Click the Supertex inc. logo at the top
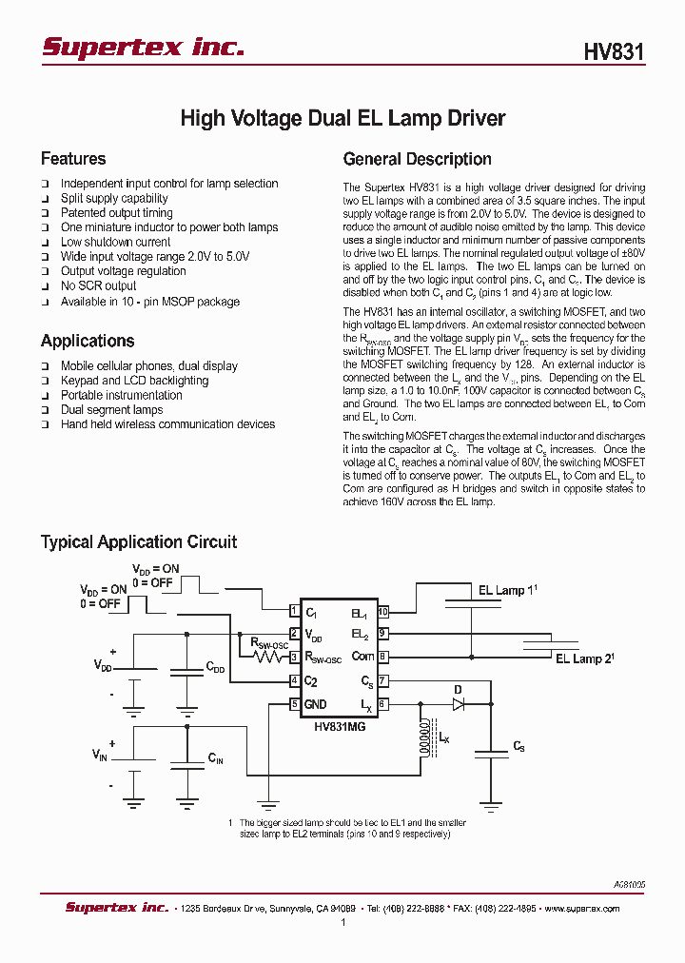(x=143, y=47)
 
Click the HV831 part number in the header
(x=614, y=51)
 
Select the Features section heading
(x=73, y=159)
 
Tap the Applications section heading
(x=88, y=341)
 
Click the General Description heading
(x=417, y=159)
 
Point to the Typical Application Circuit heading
(x=139, y=541)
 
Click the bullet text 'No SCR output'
(x=99, y=285)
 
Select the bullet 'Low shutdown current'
(x=115, y=242)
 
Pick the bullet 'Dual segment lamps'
(x=111, y=410)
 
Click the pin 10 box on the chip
(x=383, y=612)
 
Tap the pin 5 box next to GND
(x=295, y=704)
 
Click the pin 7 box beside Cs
(x=383, y=681)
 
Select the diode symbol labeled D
(x=459, y=704)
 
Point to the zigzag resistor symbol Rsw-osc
(x=269, y=657)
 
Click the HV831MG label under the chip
(x=340, y=724)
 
